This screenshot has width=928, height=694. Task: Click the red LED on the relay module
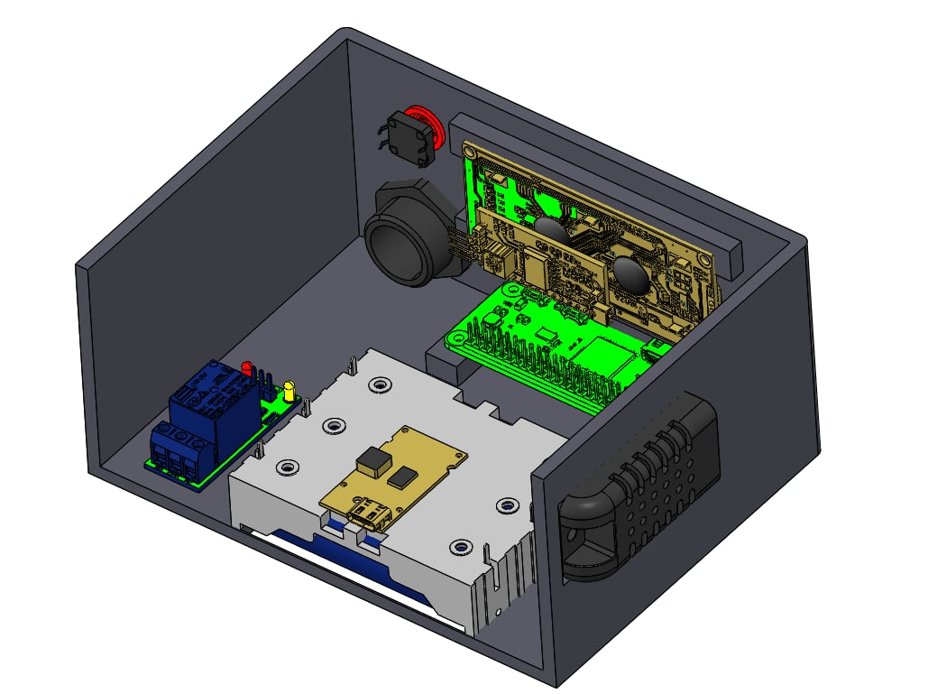coord(247,368)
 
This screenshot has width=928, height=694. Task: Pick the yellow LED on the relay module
coord(289,390)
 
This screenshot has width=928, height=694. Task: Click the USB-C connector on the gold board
coord(367,517)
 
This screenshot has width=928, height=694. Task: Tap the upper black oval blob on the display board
coord(553,229)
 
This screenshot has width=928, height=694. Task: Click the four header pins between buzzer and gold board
coord(464,244)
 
